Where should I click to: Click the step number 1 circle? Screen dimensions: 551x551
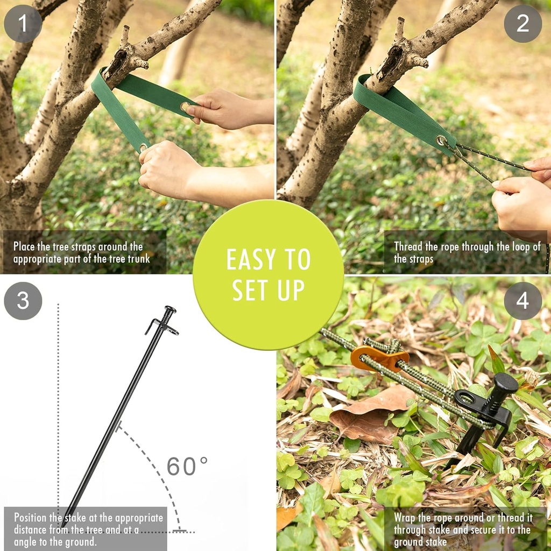23,24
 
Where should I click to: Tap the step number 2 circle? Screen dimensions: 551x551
522,24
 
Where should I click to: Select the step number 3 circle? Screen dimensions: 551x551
23,301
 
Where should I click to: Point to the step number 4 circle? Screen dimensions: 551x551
522,301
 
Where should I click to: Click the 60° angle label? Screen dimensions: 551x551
187,466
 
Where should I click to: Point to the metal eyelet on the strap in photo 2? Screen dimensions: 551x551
442,142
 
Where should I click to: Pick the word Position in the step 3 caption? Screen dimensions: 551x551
33,518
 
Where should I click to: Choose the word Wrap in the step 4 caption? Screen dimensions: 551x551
405,518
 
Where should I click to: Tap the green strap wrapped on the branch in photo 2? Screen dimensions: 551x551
398,108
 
